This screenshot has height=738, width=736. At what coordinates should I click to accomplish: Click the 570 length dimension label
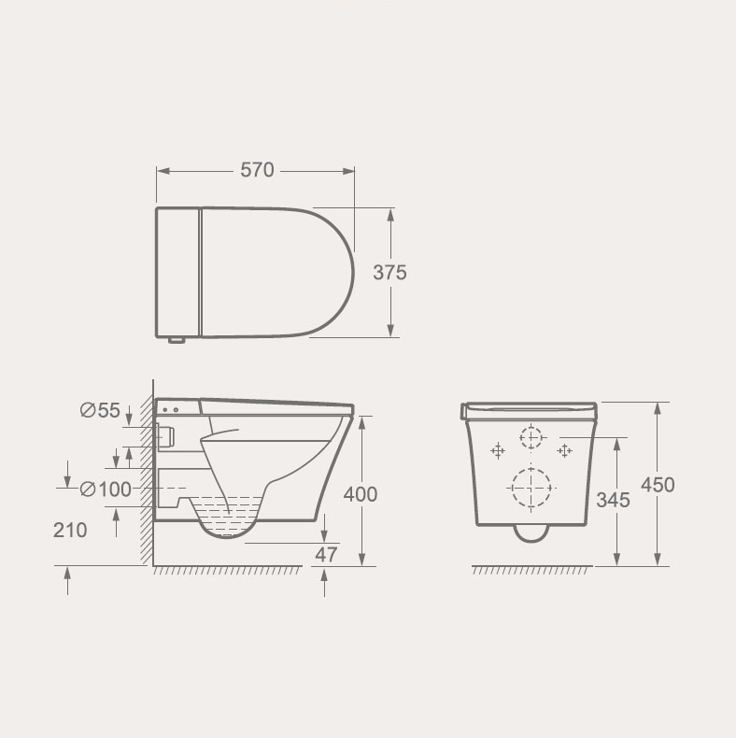coord(257,170)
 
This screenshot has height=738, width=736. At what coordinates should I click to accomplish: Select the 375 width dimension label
coord(389,273)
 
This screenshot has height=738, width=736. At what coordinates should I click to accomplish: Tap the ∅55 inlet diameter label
coord(100,410)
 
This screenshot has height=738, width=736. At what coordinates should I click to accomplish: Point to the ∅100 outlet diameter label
coord(106,490)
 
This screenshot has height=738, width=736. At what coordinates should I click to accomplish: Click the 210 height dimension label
coord(70,531)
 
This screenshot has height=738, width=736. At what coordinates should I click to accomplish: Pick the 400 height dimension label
coord(361,495)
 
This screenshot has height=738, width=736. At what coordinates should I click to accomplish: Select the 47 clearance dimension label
coord(326,555)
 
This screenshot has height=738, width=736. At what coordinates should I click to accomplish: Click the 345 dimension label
coord(613,500)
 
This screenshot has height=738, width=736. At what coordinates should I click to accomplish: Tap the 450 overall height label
coord(658,485)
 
